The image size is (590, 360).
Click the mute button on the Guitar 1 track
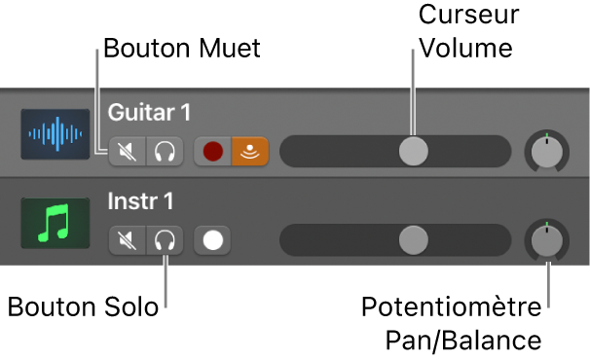[128, 151]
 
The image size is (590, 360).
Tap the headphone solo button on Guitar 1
[165, 151]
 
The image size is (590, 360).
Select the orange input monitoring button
[250, 151]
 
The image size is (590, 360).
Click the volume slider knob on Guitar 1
[414, 151]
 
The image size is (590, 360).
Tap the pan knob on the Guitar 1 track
[547, 150]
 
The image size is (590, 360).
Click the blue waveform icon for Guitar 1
[55, 135]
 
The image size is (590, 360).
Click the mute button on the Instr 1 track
[128, 238]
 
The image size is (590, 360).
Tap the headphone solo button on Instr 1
[165, 238]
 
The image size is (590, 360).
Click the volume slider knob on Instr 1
[414, 238]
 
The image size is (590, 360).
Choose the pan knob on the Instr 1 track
[547, 239]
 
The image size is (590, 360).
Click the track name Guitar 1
[149, 113]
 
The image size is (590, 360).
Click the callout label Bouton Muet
[182, 48]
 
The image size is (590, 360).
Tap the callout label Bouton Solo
[82, 307]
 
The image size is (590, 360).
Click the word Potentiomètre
[451, 308]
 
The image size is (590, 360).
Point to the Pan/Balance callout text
[462, 341]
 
